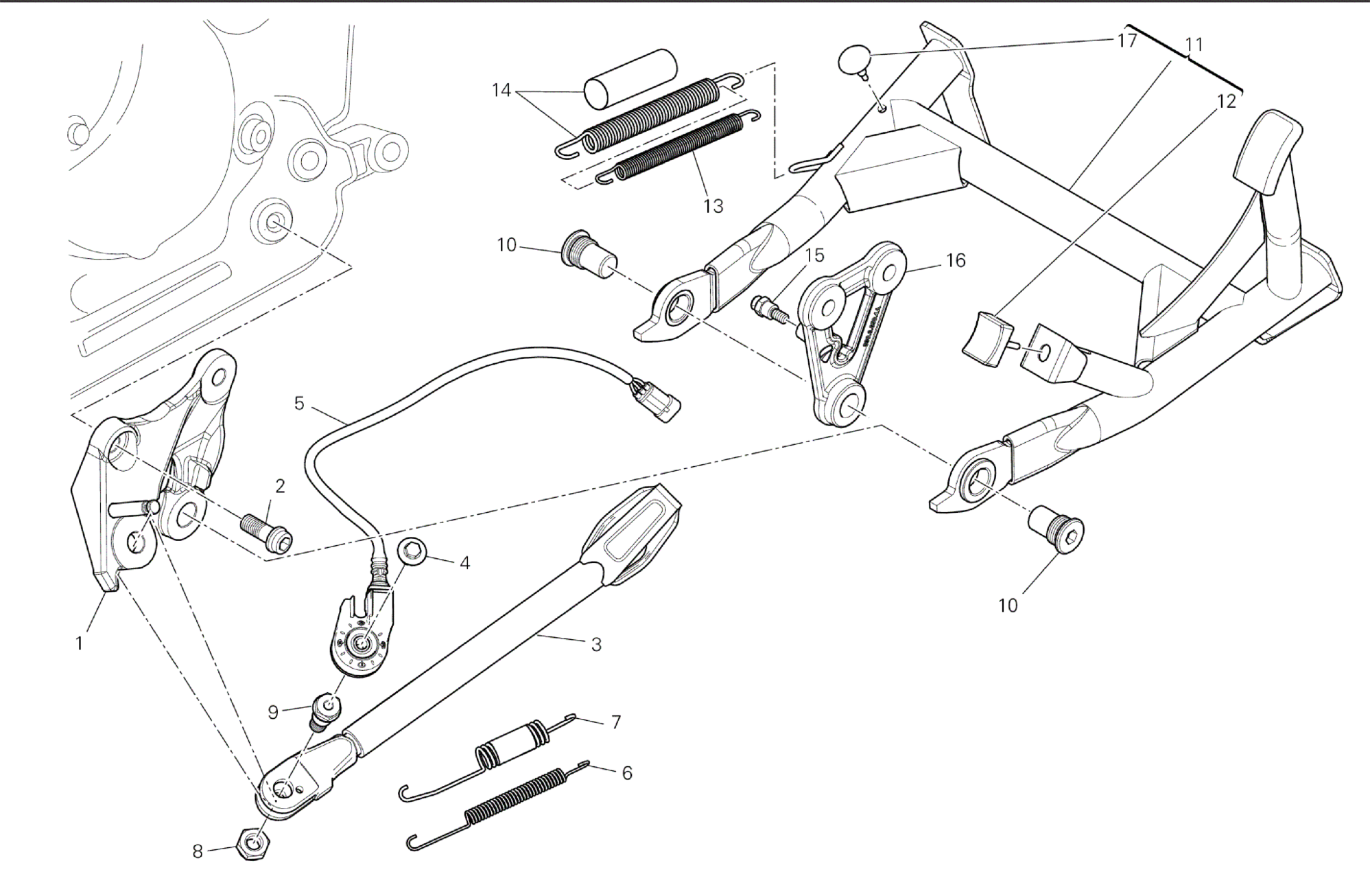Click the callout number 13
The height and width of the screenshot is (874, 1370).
(x=713, y=206)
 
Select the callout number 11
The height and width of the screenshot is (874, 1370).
(x=1194, y=45)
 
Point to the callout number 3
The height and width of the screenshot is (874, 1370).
(x=596, y=645)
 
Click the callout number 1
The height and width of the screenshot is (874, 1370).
(x=80, y=643)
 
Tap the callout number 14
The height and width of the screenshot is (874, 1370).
(x=502, y=90)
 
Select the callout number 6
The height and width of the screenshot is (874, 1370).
(x=626, y=772)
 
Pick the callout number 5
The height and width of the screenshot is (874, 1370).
(x=299, y=403)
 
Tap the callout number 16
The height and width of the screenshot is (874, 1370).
(x=955, y=260)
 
